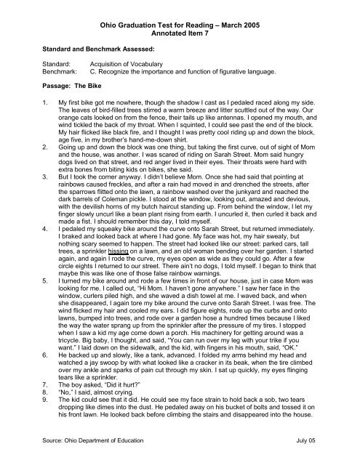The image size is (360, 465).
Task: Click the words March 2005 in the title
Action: tap(265, 25)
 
